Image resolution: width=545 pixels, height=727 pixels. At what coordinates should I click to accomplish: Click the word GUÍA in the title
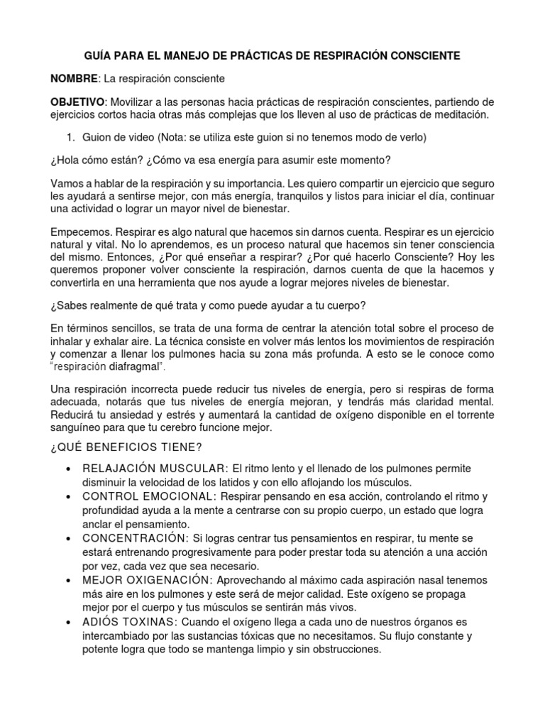[x=100, y=55]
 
